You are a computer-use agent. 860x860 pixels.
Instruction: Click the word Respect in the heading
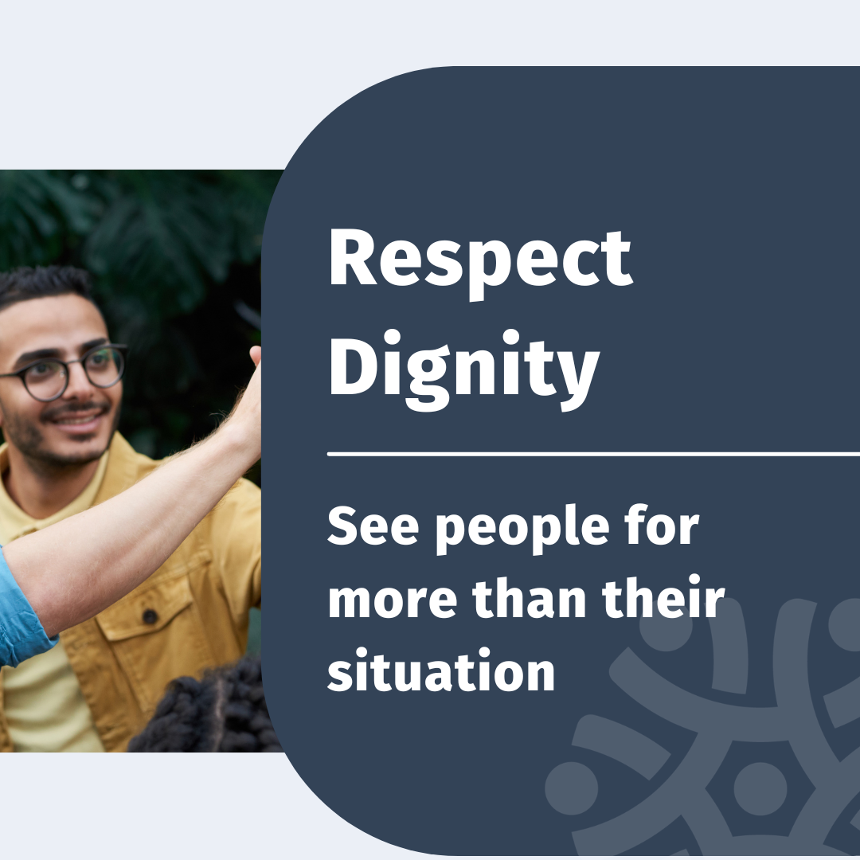(480, 262)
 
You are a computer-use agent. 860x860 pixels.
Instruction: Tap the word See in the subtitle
(373, 526)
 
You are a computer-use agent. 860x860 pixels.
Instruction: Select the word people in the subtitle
(522, 530)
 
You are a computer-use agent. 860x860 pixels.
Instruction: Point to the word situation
(441, 670)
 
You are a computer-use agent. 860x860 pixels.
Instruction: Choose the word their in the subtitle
(663, 596)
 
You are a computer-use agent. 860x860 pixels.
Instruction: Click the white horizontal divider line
(593, 454)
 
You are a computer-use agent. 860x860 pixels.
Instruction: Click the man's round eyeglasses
(61, 372)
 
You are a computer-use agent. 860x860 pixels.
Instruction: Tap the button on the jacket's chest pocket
(150, 616)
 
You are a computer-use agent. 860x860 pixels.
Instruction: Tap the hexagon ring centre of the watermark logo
(760, 788)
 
